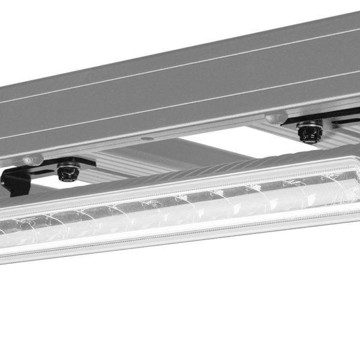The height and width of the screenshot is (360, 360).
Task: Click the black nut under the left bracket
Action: [x=68, y=170]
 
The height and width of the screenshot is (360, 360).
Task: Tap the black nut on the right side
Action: [x=310, y=132]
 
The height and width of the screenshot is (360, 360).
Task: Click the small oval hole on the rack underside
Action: [x=146, y=139]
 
